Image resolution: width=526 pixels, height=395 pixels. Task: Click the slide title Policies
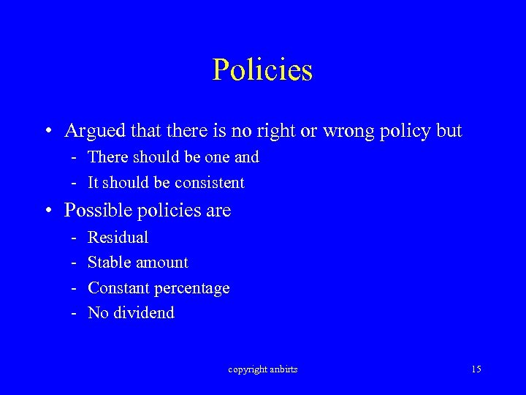(262, 70)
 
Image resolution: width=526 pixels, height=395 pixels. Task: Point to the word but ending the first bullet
(449, 131)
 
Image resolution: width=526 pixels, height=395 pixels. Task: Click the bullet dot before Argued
(47, 132)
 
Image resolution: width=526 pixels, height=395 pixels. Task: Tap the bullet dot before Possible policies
(47, 211)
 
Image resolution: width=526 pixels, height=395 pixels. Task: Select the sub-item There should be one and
(173, 157)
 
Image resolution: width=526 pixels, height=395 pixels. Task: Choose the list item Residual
(118, 237)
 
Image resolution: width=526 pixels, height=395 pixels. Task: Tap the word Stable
(110, 262)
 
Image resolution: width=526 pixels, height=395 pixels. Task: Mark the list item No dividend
(131, 313)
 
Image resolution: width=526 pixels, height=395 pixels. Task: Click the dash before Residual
(75, 237)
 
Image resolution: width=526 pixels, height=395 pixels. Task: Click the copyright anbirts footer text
(263, 369)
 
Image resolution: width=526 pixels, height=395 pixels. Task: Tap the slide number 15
(476, 369)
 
